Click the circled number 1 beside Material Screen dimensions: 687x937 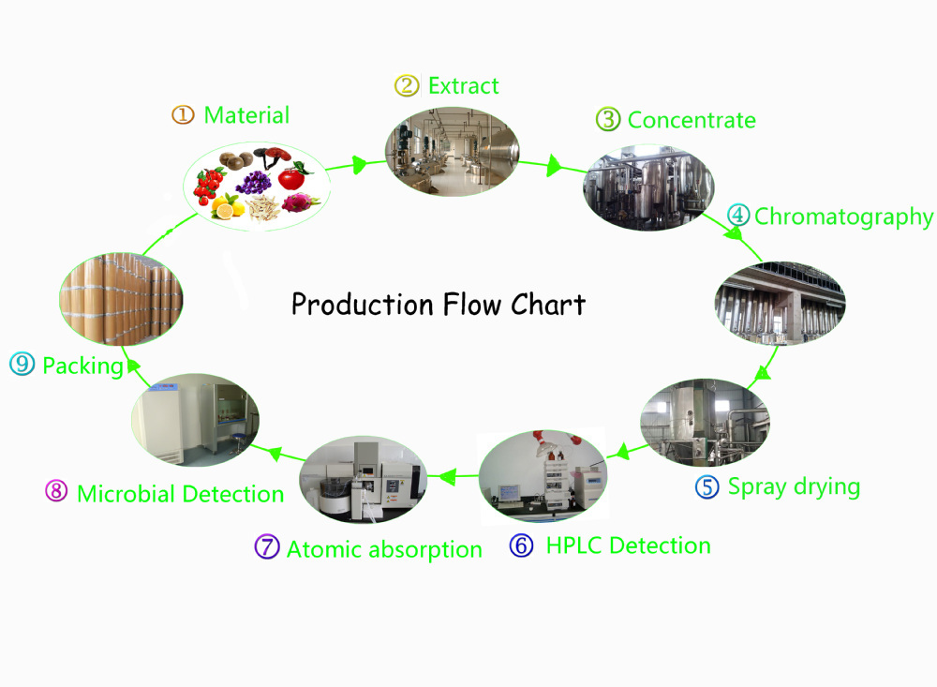(x=182, y=115)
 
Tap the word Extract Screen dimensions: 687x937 (x=463, y=86)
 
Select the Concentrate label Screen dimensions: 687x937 (x=692, y=120)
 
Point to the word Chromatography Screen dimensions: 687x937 (x=843, y=217)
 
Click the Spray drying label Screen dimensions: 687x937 (x=794, y=487)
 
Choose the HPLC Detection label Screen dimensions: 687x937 (x=628, y=545)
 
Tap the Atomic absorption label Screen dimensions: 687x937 (x=384, y=549)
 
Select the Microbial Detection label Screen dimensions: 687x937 (x=180, y=494)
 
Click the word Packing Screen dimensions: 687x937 (x=82, y=366)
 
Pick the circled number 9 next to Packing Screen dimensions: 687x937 (x=22, y=365)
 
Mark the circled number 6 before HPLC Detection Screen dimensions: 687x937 (x=521, y=545)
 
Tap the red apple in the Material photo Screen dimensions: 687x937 (x=291, y=175)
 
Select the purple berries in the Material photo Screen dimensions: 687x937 (x=252, y=182)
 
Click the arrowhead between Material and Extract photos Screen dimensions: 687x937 (x=358, y=166)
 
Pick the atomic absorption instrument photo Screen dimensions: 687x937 (x=363, y=479)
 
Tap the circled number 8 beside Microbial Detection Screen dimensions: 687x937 (x=56, y=492)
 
